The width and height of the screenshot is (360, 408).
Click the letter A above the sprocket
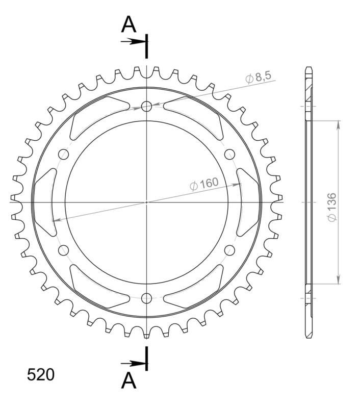130,24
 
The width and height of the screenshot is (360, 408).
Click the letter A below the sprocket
130,380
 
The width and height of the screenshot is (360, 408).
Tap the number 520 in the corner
40,375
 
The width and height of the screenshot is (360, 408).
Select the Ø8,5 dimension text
260,78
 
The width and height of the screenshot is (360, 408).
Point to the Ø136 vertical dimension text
331,207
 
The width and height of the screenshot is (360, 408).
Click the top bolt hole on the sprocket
147,107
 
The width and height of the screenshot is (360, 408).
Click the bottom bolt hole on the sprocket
147,298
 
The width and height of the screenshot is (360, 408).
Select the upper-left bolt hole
64,155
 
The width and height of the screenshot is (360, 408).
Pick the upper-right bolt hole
229,155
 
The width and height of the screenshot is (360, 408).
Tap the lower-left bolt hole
64,250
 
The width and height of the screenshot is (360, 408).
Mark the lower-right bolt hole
229,250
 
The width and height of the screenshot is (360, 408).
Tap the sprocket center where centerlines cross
147,202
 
